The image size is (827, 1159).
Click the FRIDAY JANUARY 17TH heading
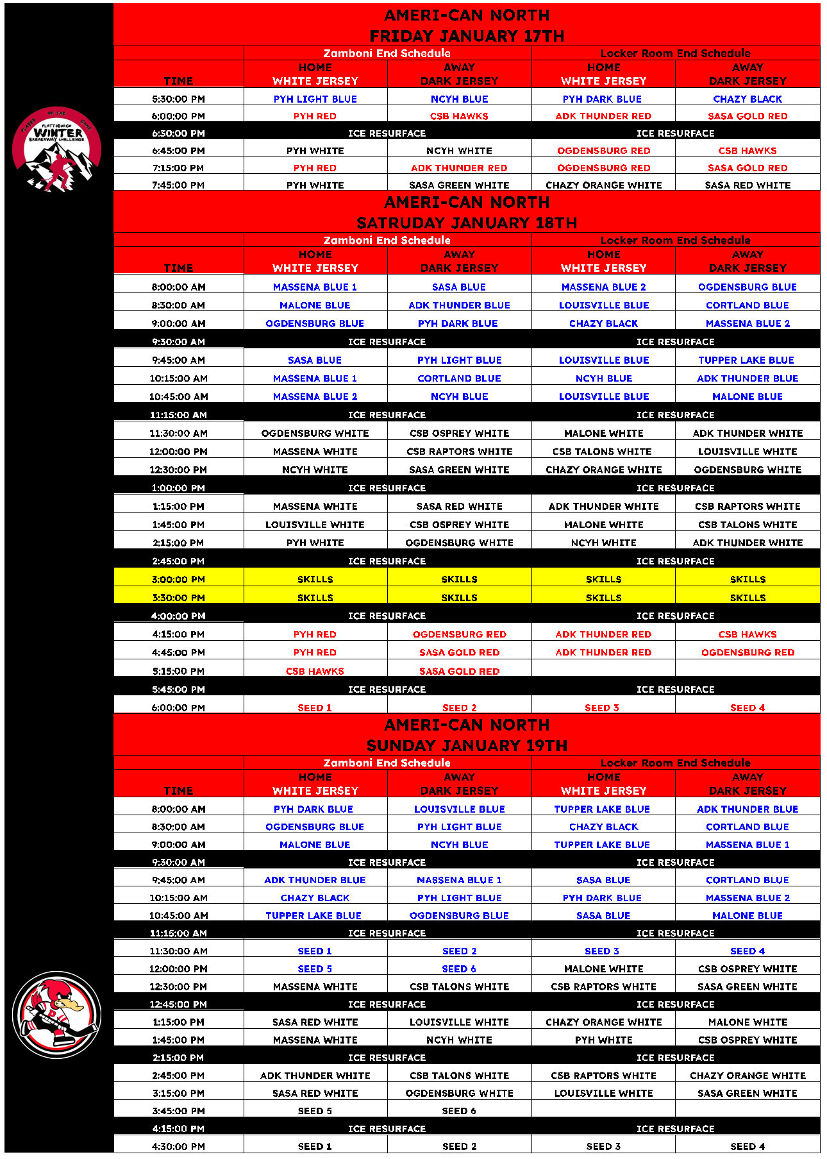coord(467,36)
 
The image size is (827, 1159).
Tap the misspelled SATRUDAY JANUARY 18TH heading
coord(467,223)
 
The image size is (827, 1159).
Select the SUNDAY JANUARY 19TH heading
coord(467,745)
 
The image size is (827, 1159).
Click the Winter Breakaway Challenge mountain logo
coord(57,149)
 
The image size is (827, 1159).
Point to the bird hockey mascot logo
coord(57,1014)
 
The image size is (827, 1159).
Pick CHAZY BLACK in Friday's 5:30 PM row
coord(748,99)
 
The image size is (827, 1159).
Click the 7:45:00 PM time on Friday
coord(178,185)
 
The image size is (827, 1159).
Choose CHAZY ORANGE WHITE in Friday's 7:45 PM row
coord(603,185)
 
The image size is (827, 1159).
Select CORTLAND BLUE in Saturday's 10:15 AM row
coord(459,378)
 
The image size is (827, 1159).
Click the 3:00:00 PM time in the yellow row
coord(178,579)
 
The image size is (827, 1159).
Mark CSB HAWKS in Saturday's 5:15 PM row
coord(315,671)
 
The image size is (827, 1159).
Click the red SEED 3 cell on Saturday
coord(602,707)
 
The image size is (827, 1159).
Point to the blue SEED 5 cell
coord(315,969)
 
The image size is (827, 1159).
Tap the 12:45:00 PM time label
coord(178,1004)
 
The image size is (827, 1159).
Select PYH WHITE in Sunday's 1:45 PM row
coord(603,1040)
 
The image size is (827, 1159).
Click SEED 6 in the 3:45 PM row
coord(459,1110)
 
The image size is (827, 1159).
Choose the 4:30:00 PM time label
coord(178,1146)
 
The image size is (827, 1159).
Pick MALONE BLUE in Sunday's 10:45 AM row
coord(748,915)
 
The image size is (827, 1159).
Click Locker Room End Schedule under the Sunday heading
coord(675,763)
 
